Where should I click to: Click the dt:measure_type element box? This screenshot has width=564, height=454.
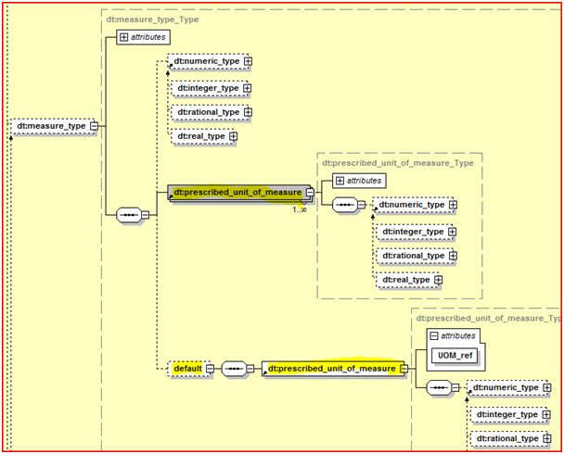[52, 126]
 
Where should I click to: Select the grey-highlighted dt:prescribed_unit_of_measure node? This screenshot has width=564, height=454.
[238, 193]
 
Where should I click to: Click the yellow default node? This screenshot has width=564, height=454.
[186, 368]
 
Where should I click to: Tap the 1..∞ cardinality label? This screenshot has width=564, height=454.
[301, 209]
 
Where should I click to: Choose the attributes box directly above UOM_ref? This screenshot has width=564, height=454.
[454, 335]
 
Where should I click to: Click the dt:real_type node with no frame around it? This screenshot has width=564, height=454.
[201, 137]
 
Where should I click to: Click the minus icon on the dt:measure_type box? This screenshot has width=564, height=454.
[94, 126]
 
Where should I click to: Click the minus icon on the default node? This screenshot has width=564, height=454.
[209, 368]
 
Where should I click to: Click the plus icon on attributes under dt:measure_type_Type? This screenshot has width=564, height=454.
[124, 38]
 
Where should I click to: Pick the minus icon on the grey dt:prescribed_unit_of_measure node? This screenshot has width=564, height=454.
[310, 193]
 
